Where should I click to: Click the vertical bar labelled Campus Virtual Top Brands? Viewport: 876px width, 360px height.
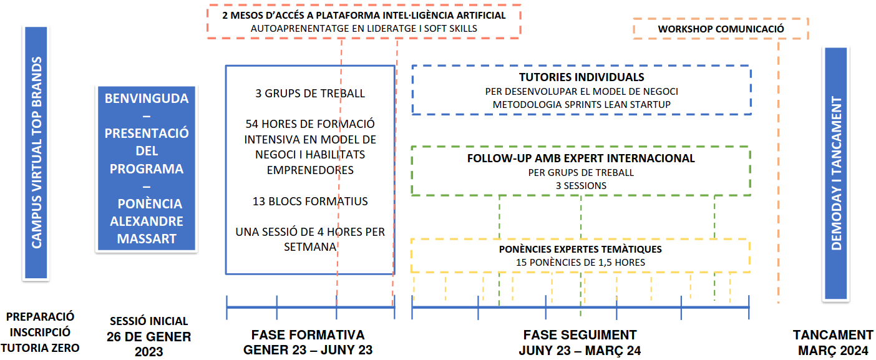coord(36,152)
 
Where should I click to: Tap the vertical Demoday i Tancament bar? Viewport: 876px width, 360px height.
coord(835,173)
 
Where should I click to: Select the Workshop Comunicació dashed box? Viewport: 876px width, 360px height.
coord(721,29)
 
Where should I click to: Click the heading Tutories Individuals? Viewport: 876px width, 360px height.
coord(582,77)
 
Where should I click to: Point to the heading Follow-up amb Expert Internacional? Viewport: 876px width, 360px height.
coord(581,158)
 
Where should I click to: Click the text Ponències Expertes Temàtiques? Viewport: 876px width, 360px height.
coord(580,250)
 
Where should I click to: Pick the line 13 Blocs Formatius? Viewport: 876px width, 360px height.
coord(310,202)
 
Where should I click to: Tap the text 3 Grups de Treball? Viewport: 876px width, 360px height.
coord(310,94)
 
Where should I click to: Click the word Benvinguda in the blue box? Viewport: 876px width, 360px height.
coord(147,99)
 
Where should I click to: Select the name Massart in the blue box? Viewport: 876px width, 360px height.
coord(147,239)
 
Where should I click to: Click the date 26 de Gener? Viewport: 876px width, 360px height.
coord(148,337)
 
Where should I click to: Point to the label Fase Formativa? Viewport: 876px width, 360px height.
coord(308,335)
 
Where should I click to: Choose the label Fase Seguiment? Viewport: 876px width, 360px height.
coord(580,335)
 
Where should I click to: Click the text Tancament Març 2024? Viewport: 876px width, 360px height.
coord(833,343)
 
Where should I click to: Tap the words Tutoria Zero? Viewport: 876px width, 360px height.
coord(40,348)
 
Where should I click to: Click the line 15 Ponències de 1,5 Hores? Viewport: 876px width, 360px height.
coord(580,263)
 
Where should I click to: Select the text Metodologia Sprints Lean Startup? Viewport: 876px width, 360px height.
coord(582,105)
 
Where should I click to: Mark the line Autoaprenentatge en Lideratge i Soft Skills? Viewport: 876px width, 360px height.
coord(364,29)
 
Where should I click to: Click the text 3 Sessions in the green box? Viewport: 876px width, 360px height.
coord(581,186)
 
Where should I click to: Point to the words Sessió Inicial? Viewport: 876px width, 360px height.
coord(148,321)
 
